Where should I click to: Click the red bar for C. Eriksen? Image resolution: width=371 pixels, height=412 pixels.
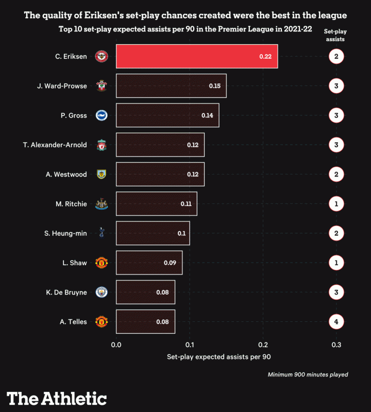(x=197, y=56)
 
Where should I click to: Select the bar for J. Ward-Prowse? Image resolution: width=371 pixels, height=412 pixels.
(x=171, y=85)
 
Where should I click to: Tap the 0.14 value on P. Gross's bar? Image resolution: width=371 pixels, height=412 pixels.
(x=207, y=115)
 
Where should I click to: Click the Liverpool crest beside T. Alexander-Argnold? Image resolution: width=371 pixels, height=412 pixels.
(x=102, y=145)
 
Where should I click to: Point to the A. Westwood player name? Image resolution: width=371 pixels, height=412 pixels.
(x=66, y=175)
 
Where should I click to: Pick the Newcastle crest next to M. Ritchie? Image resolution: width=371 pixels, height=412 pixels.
(x=102, y=204)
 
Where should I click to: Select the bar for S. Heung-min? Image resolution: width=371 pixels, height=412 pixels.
(x=153, y=233)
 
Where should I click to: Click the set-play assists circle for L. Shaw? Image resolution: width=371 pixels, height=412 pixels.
(x=336, y=263)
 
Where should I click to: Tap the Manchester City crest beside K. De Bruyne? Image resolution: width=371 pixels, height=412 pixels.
(x=102, y=293)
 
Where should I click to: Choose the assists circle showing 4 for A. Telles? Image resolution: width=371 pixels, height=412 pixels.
(x=336, y=322)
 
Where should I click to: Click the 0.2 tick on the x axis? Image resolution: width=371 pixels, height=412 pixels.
(x=263, y=345)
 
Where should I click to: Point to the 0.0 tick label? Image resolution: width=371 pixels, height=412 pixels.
(x=116, y=345)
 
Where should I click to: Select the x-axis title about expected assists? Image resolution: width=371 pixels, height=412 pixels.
(x=219, y=356)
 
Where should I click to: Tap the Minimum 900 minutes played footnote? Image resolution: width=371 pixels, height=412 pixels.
(x=308, y=374)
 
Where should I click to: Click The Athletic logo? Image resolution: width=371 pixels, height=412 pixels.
(x=57, y=398)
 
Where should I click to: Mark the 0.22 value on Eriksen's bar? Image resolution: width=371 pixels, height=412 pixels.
(x=265, y=56)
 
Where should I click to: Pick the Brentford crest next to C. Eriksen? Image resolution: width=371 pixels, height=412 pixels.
(x=102, y=56)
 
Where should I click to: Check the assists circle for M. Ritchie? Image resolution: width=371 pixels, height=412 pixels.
(x=336, y=204)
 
